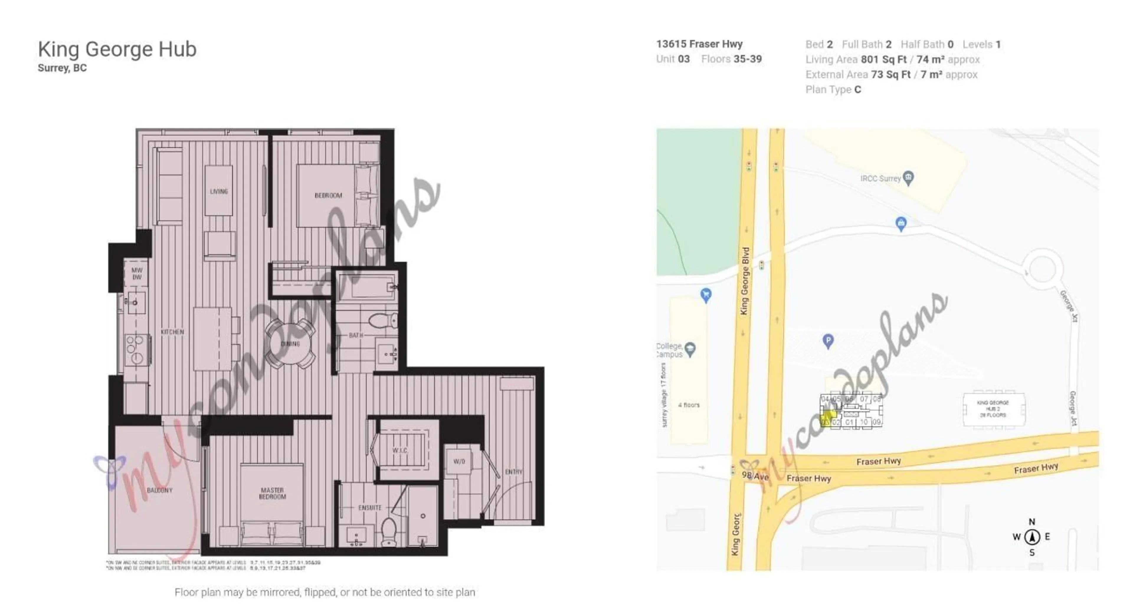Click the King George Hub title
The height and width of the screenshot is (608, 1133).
click(x=117, y=49)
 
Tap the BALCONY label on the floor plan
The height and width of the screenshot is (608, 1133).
click(x=159, y=490)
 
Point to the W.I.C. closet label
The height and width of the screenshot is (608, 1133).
click(x=400, y=450)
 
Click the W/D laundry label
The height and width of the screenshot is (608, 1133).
click(x=459, y=461)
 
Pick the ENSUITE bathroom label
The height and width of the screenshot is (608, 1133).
click(x=370, y=508)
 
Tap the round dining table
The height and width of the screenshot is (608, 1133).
click(x=290, y=343)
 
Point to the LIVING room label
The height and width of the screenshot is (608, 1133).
click(x=219, y=191)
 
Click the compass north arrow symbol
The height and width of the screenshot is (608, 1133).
click(x=1032, y=537)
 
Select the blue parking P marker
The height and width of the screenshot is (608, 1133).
click(x=828, y=340)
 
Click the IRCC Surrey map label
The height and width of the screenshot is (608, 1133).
click(x=880, y=178)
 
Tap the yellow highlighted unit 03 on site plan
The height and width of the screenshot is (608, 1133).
click(x=827, y=418)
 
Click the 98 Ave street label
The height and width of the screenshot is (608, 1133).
click(x=755, y=476)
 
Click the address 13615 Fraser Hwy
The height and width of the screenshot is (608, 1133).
click(x=699, y=44)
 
